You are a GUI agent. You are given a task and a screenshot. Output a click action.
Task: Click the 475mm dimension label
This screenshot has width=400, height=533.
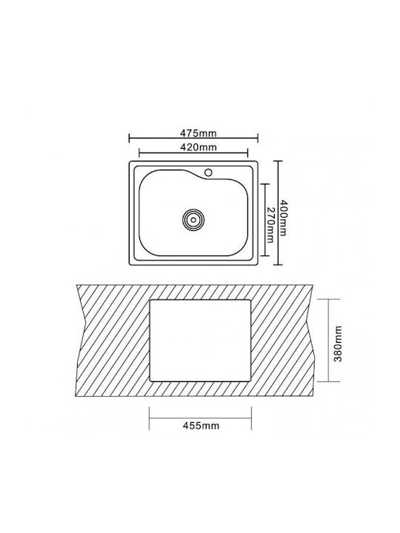point(198,133)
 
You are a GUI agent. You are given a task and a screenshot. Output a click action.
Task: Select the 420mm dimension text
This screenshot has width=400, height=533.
point(198,147)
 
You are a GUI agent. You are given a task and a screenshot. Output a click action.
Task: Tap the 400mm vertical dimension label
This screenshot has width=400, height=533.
point(283,218)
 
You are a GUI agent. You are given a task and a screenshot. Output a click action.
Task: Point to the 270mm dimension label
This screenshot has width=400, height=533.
point(270,225)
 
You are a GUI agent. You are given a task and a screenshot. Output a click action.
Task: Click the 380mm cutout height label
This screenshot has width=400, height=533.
point(338,343)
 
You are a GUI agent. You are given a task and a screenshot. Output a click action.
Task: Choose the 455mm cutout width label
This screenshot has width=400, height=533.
point(201,425)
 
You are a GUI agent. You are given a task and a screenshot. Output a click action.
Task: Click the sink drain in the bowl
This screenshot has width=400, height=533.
point(193,220)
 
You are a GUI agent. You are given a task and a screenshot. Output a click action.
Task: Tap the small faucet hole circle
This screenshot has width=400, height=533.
point(208,172)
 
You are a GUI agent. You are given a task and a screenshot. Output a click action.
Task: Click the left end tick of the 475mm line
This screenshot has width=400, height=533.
point(129,138)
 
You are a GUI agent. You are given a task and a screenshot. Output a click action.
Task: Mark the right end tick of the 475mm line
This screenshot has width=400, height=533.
point(258,138)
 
